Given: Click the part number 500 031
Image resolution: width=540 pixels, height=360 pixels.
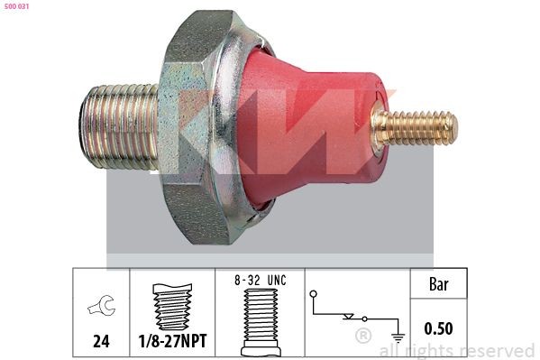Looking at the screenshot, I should [x=18, y=8].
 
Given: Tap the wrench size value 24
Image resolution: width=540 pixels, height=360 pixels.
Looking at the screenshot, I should [x=101, y=342].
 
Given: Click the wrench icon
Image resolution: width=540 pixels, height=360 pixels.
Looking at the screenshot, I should [x=100, y=309].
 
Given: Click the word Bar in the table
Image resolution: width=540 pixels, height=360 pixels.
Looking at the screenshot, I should [x=438, y=284].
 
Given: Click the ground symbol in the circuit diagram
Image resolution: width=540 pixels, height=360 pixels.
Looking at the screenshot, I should [x=398, y=337].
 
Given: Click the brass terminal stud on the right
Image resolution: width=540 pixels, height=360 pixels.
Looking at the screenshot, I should [x=416, y=128].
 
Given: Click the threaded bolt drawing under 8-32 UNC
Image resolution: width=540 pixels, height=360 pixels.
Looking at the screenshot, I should [x=261, y=320].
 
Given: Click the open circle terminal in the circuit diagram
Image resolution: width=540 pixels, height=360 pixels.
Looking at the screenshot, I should [x=313, y=294].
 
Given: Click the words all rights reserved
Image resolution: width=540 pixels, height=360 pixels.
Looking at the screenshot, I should [x=456, y=350].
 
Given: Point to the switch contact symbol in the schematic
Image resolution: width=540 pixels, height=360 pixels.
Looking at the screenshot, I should [x=356, y=317].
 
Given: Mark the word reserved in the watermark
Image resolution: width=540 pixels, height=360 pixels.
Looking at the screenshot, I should [x=497, y=350].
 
